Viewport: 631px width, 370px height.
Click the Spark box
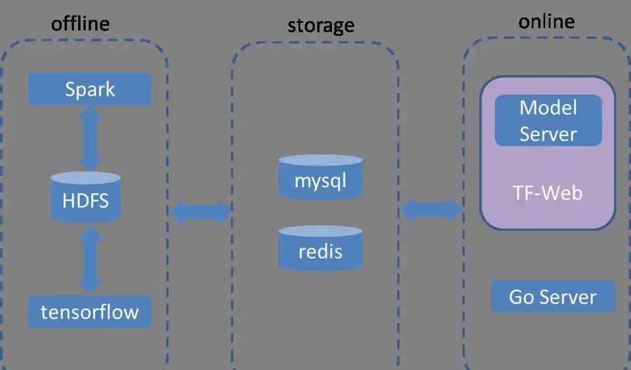(x=90, y=89)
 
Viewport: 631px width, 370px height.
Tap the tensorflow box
(x=90, y=311)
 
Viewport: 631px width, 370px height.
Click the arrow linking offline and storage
(x=199, y=212)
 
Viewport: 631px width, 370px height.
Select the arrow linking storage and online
(x=432, y=210)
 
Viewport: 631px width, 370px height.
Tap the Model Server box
(x=548, y=121)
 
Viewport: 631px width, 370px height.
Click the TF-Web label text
(x=547, y=193)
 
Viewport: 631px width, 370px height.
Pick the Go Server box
(x=552, y=297)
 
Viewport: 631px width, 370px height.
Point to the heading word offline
(x=80, y=24)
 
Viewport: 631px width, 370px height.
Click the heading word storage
(x=321, y=25)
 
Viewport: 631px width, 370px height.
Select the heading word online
(x=546, y=22)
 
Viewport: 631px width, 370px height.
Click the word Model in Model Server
(x=548, y=108)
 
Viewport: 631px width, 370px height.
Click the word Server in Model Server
(x=548, y=134)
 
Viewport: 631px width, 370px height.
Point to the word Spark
(x=90, y=89)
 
